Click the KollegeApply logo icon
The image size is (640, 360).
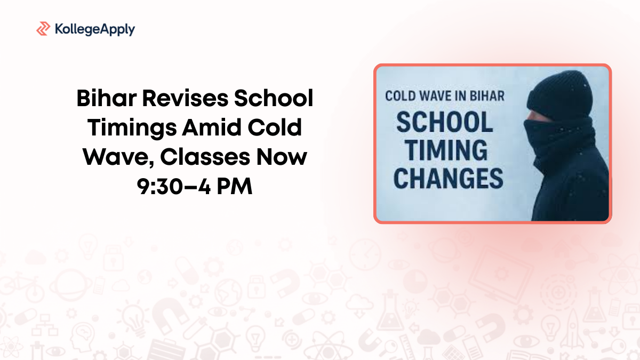(43, 29)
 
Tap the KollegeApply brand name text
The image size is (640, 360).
(94, 29)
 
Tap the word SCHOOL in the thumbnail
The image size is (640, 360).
(444, 124)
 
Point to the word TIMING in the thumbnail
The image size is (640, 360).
(441, 151)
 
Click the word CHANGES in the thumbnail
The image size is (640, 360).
(448, 179)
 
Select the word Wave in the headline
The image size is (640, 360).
(113, 158)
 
